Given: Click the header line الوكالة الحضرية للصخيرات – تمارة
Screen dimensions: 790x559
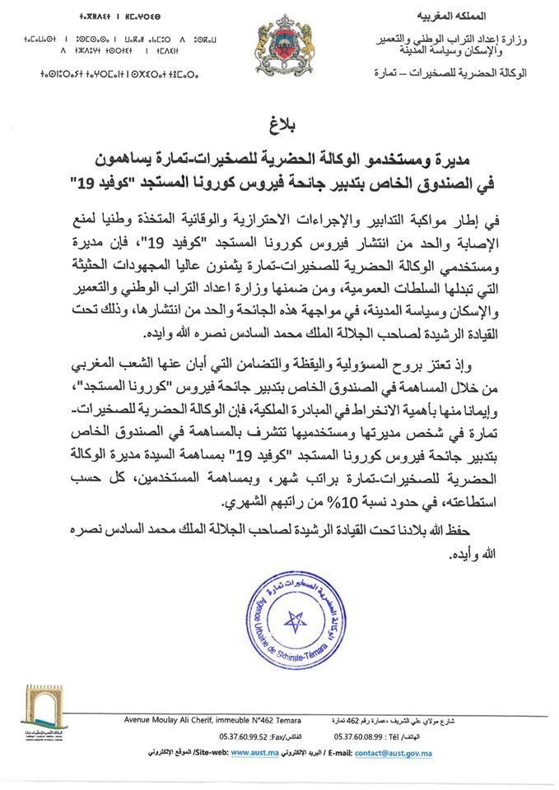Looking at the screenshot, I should point(468,74).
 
